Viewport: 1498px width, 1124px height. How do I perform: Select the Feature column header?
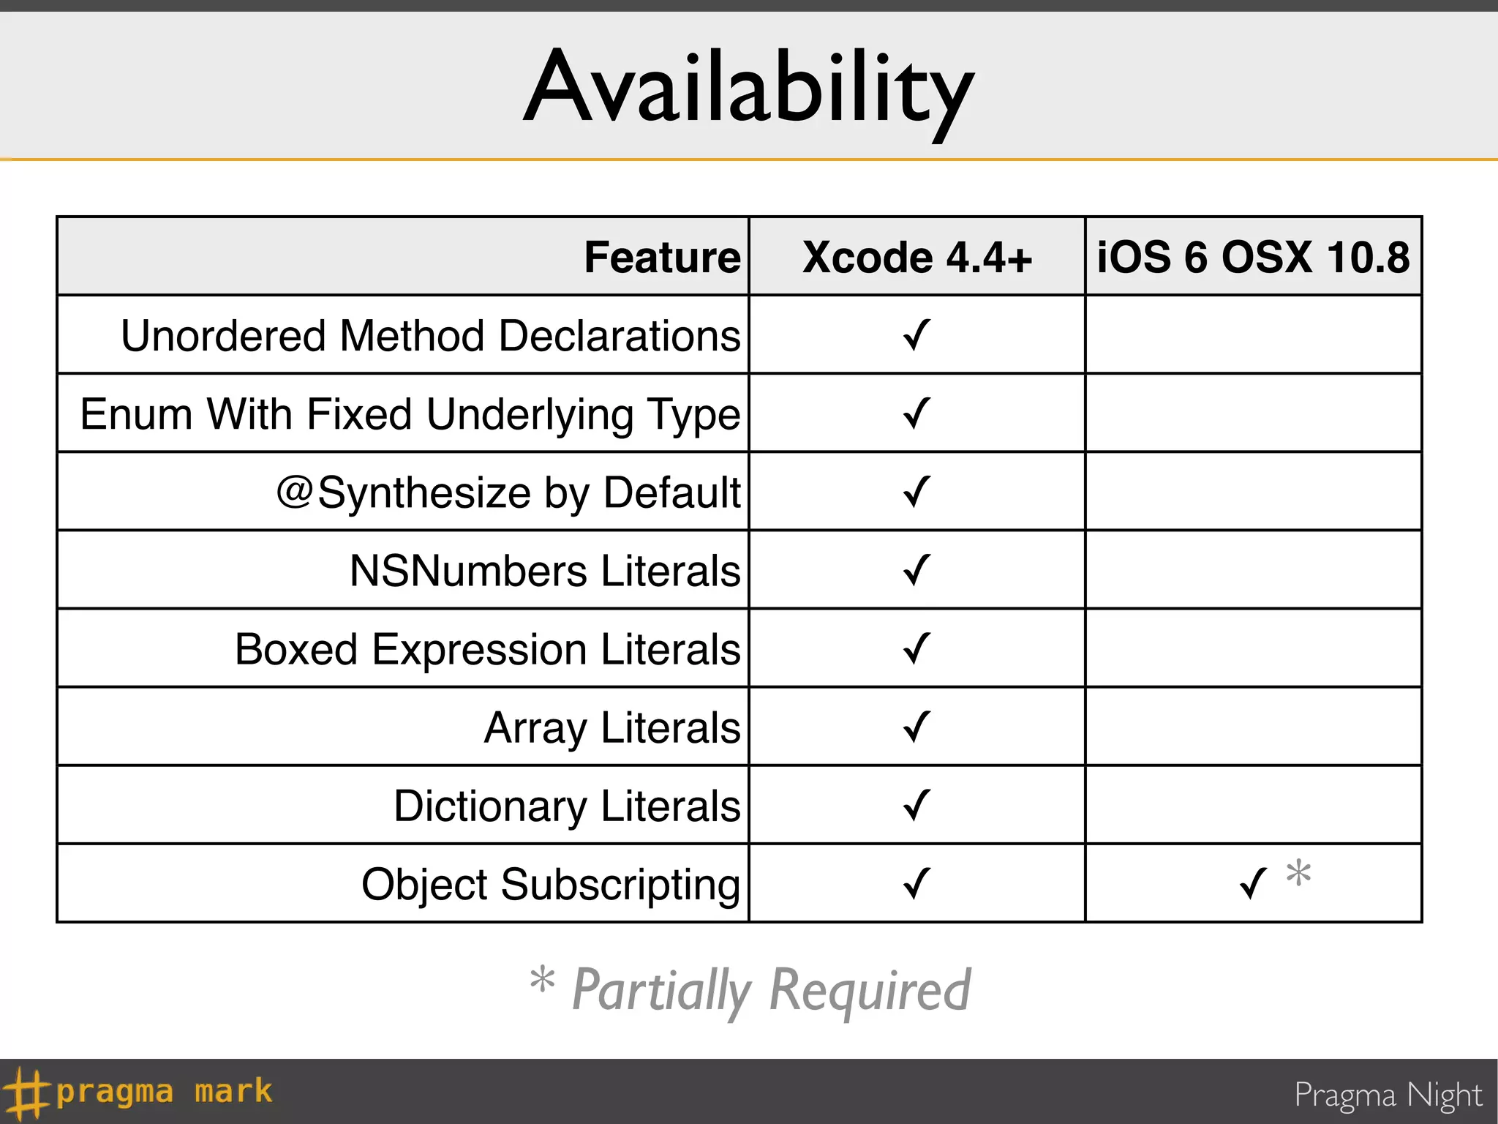point(662,258)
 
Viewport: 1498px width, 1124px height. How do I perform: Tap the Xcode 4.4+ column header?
point(917,258)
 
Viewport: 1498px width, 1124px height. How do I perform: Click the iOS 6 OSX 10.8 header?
point(1253,258)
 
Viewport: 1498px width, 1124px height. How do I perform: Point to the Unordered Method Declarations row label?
point(430,336)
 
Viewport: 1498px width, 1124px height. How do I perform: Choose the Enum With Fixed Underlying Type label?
point(410,414)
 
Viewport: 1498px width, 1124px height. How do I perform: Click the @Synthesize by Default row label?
point(508,492)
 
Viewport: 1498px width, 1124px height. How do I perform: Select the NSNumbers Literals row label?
point(545,571)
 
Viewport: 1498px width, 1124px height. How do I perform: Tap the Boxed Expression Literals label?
point(487,649)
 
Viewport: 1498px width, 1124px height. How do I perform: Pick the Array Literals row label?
point(612,727)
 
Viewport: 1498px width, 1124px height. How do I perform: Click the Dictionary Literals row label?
point(567,806)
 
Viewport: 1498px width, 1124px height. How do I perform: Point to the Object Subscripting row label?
point(551,884)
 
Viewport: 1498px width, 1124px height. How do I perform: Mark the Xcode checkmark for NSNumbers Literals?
point(917,570)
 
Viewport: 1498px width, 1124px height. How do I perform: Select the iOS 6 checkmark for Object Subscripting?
point(1253,883)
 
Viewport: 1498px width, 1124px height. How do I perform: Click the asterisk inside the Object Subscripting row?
point(1299,872)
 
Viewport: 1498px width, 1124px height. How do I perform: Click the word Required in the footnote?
point(870,990)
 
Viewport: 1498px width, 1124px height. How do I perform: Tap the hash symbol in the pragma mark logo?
point(25,1093)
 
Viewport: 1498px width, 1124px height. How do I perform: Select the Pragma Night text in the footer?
point(1388,1095)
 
